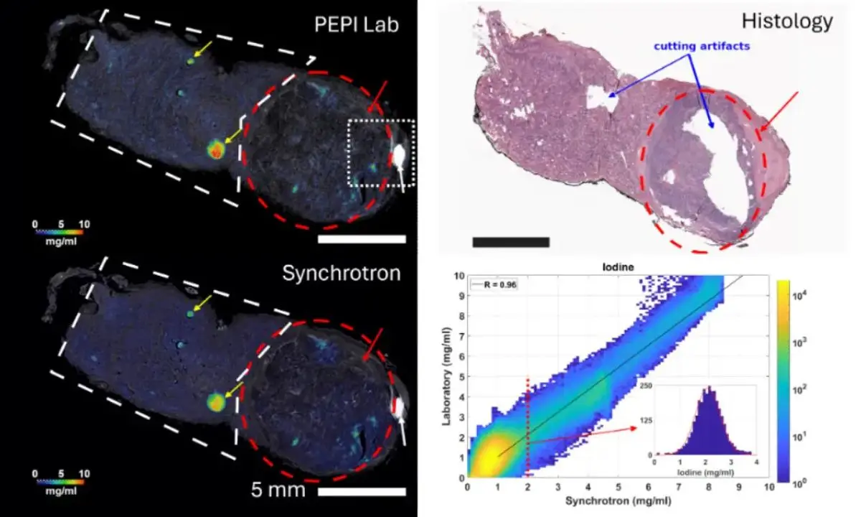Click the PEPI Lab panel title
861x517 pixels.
pyautogui.click(x=357, y=24)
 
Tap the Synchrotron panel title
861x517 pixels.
pyautogui.click(x=342, y=273)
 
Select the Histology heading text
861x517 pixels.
pyautogui.click(x=787, y=21)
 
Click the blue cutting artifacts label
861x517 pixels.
pyautogui.click(x=702, y=46)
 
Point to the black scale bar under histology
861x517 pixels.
pyautogui.click(x=511, y=242)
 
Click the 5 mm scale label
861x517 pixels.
pyautogui.click(x=278, y=490)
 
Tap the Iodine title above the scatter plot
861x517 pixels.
pyautogui.click(x=618, y=267)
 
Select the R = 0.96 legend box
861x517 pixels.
pyautogui.click(x=494, y=285)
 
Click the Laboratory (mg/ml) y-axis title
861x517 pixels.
pyautogui.click(x=446, y=376)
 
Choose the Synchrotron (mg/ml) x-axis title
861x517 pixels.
pyautogui.click(x=618, y=501)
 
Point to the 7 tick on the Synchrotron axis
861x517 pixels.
pyautogui.click(x=679, y=488)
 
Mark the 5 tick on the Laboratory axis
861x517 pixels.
pyautogui.click(x=461, y=377)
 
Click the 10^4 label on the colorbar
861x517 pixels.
pyautogui.click(x=799, y=296)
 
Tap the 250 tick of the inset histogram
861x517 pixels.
pyautogui.click(x=646, y=386)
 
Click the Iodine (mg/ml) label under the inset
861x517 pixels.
pyautogui.click(x=705, y=472)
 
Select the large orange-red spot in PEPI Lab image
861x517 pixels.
pyautogui.click(x=216, y=149)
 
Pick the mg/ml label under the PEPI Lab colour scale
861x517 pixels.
pyautogui.click(x=61, y=241)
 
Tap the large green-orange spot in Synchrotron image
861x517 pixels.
pyautogui.click(x=216, y=402)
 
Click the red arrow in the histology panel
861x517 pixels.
pyautogui.click(x=779, y=111)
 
